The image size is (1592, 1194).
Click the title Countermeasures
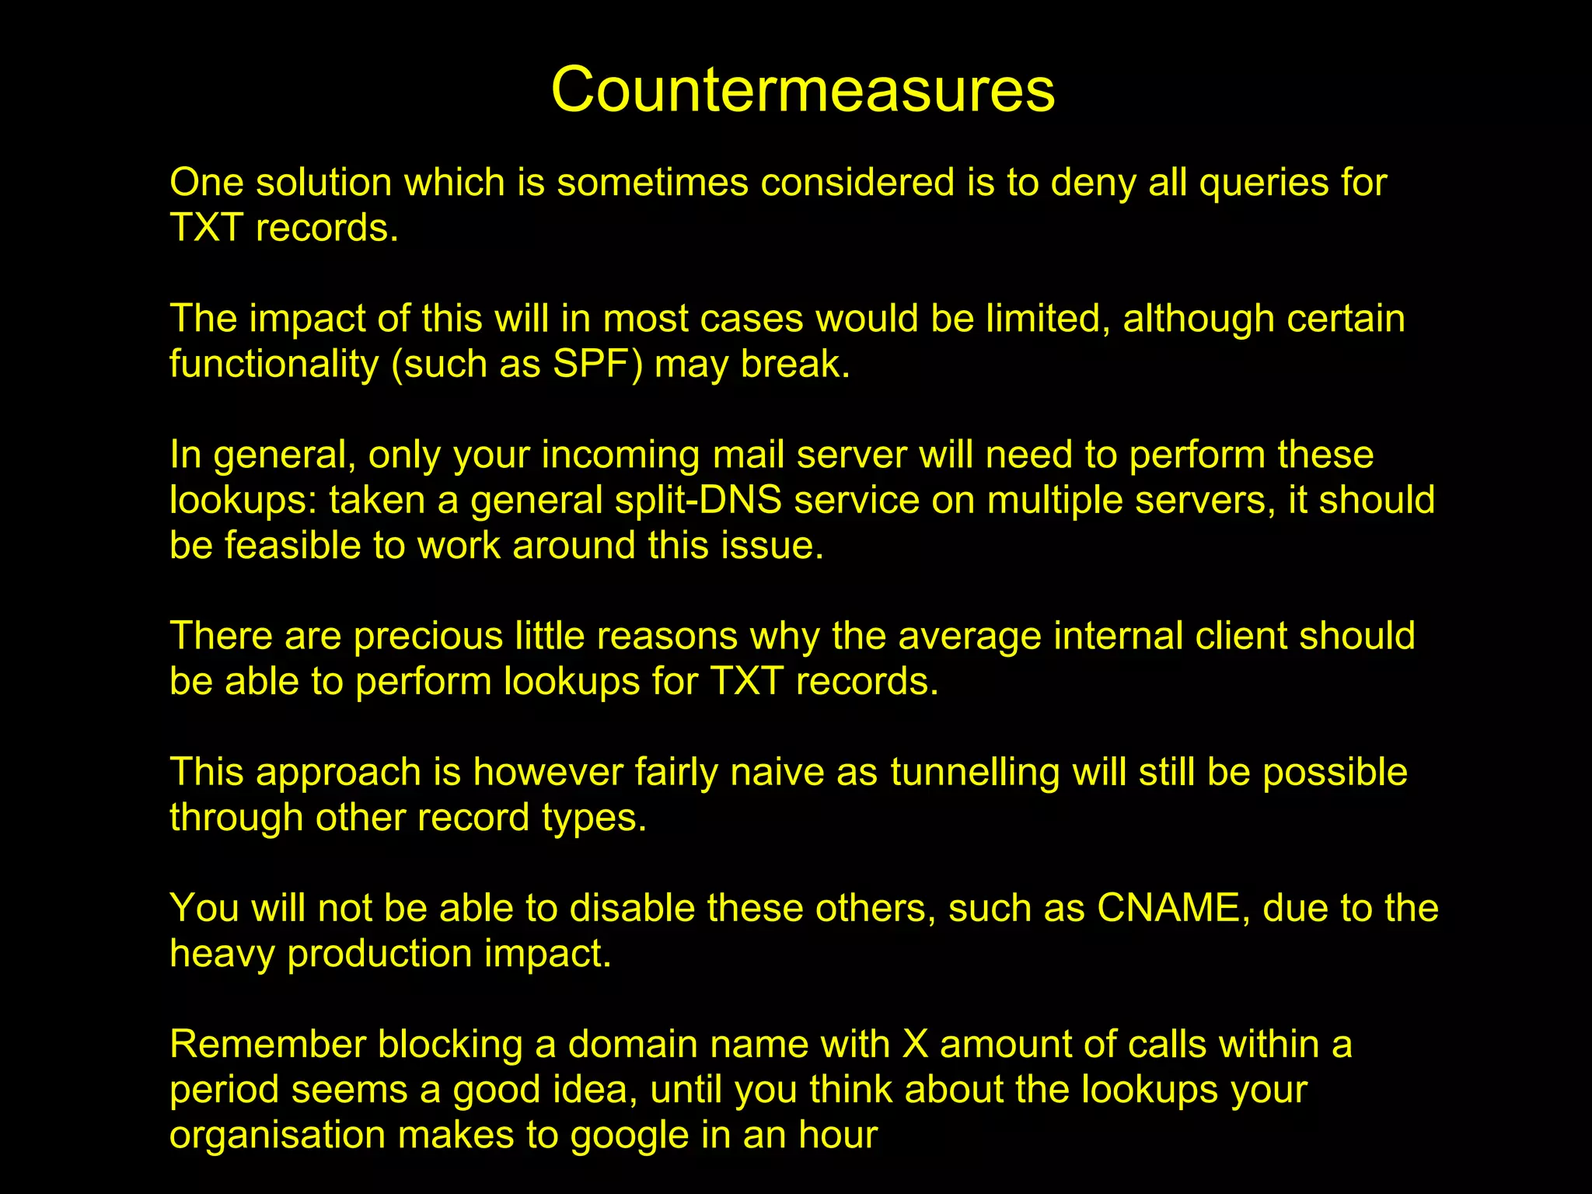[x=803, y=89]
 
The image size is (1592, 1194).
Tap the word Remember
[x=267, y=1044]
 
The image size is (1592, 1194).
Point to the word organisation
[x=278, y=1135]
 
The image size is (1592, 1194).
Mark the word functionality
[x=274, y=365]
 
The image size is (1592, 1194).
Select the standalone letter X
[x=916, y=1044]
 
